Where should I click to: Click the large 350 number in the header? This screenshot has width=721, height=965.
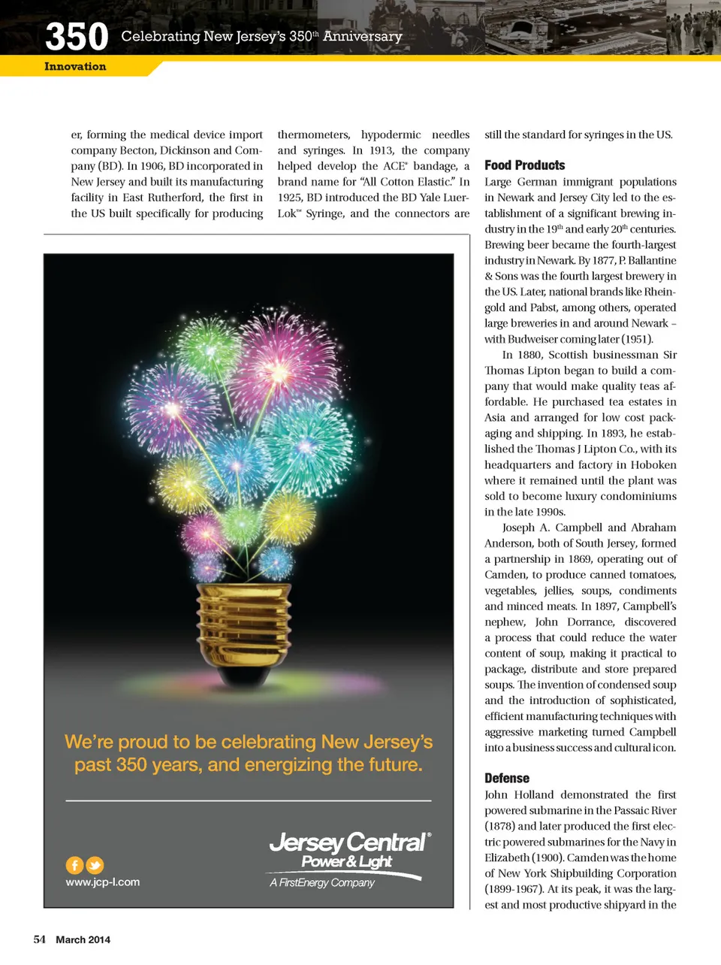[x=77, y=36]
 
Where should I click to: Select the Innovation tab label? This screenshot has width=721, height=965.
[x=75, y=67]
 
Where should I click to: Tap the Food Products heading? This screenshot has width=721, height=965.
[x=524, y=165]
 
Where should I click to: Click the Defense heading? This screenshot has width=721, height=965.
[x=507, y=779]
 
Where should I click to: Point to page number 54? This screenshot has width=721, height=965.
[x=40, y=939]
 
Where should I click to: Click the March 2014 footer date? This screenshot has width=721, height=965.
[x=83, y=939]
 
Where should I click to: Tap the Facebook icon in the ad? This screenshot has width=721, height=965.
[x=74, y=865]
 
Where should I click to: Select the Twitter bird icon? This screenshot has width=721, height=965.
[x=95, y=865]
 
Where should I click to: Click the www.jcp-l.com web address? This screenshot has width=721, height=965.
[x=103, y=882]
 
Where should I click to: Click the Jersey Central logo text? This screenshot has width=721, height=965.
[x=348, y=842]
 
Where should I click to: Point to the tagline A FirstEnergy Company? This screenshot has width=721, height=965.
[x=322, y=883]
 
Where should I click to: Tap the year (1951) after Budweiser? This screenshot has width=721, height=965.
[x=638, y=339]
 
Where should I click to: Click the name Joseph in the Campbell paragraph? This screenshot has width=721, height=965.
[x=517, y=528]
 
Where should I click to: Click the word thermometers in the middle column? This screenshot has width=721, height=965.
[x=313, y=135]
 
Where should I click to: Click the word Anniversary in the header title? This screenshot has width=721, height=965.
[x=363, y=36]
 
